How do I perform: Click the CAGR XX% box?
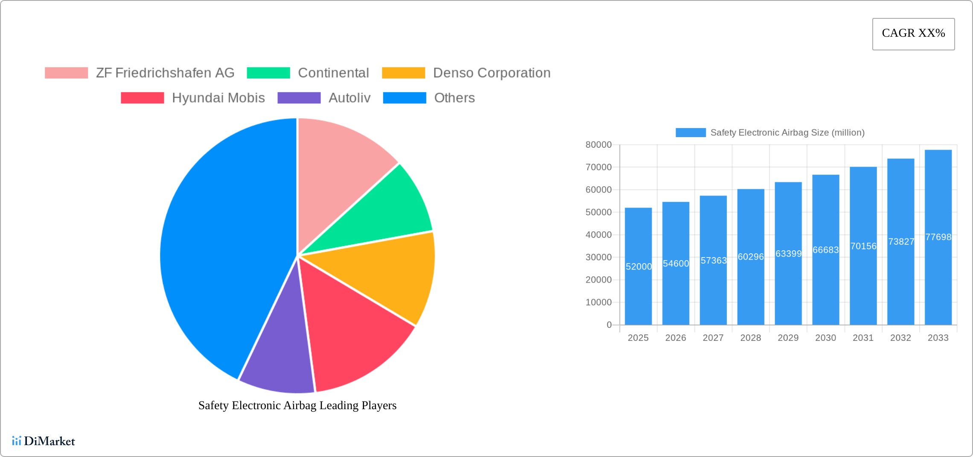(x=913, y=34)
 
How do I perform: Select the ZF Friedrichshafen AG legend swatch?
(x=66, y=73)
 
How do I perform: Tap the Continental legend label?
(x=333, y=73)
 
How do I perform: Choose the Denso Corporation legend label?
(x=492, y=73)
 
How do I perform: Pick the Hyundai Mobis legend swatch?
(x=142, y=98)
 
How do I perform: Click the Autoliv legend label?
(x=349, y=98)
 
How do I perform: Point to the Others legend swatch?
(x=404, y=98)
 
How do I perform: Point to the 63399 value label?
(x=788, y=254)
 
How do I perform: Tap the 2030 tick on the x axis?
(x=825, y=338)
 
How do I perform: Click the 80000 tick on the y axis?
(x=598, y=145)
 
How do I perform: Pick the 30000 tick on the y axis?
(x=598, y=257)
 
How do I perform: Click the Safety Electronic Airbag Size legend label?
(x=787, y=133)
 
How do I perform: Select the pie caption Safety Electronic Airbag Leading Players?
(x=297, y=405)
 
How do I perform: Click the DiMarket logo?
(x=44, y=441)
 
